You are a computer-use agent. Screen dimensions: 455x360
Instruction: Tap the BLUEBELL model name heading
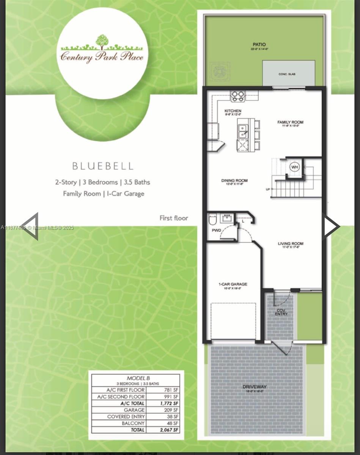(x=102, y=166)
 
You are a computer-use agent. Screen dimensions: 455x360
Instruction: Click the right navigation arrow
(x=331, y=226)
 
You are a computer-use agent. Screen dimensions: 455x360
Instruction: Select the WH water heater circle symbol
(x=295, y=166)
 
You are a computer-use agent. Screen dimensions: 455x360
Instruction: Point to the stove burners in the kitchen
(x=238, y=96)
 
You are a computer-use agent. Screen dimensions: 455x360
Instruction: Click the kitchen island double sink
(x=243, y=131)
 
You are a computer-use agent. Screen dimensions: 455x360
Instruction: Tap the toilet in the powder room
(x=212, y=220)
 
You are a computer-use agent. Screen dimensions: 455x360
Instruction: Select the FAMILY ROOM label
(x=290, y=122)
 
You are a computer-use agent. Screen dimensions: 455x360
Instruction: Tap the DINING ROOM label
(x=234, y=180)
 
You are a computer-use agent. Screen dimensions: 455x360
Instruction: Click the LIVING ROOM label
(x=291, y=244)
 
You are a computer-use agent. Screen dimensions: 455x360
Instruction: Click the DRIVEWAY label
(x=255, y=387)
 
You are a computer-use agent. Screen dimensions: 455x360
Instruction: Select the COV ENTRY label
(x=281, y=312)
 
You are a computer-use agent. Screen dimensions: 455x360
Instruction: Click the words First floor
(x=173, y=218)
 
